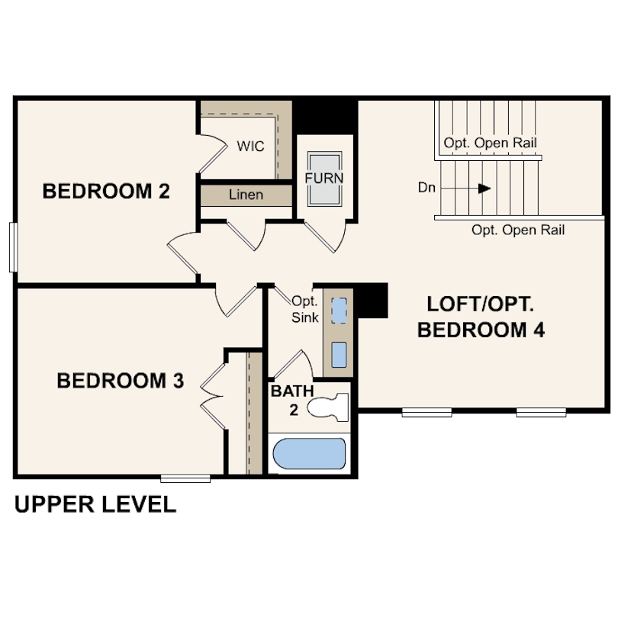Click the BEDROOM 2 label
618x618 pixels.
click(106, 191)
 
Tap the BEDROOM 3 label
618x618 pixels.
click(121, 380)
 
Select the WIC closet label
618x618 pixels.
click(250, 146)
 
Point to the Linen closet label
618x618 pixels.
click(246, 195)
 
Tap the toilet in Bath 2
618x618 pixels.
click(329, 407)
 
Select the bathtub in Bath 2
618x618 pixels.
click(308, 455)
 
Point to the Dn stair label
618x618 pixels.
click(427, 187)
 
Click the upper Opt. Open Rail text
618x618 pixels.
click(490, 143)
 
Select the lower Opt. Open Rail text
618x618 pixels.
click(517, 230)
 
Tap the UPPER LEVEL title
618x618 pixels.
click(95, 504)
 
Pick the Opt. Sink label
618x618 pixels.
click(305, 309)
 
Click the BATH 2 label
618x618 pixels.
click(292, 399)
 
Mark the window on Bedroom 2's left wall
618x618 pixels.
click(12, 246)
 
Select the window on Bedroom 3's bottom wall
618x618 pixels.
click(185, 478)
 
